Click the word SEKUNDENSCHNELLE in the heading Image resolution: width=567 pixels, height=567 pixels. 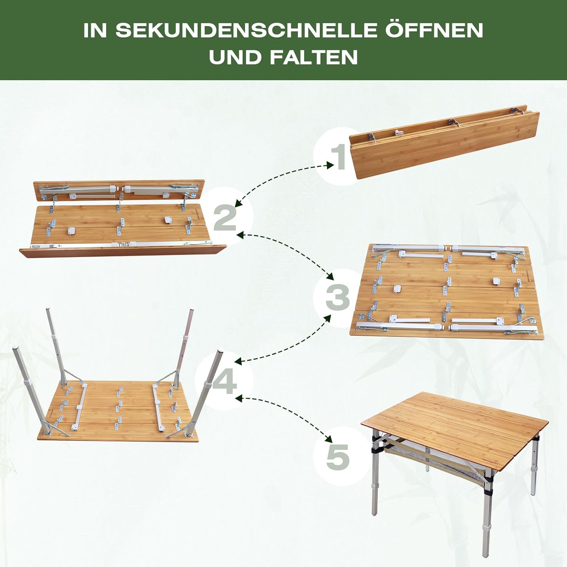tap(246, 31)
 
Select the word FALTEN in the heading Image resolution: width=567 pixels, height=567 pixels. tap(314, 57)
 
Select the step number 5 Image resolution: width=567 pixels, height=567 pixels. tap(338, 457)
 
